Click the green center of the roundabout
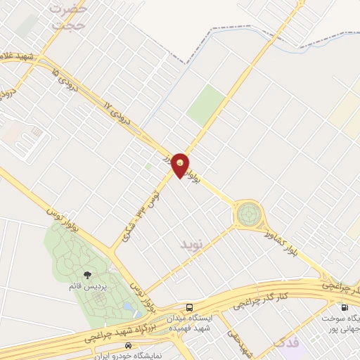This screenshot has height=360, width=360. [x=248, y=213]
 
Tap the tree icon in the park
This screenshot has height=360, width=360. [x=86, y=275]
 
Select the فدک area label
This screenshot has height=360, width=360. [x=285, y=345]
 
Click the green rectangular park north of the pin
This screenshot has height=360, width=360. [x=207, y=105]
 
